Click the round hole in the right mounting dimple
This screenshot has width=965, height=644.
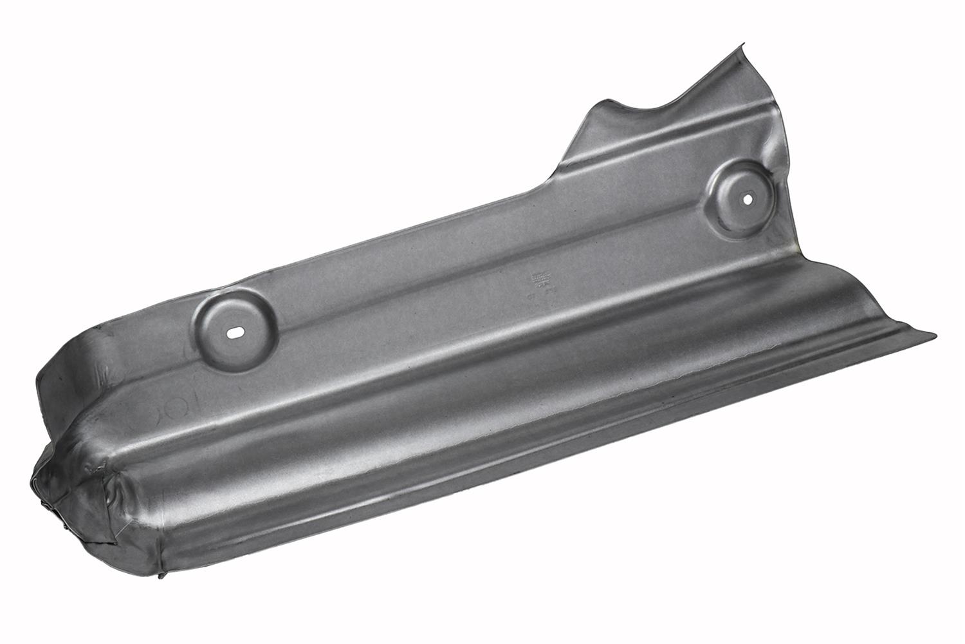pos(748,199)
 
